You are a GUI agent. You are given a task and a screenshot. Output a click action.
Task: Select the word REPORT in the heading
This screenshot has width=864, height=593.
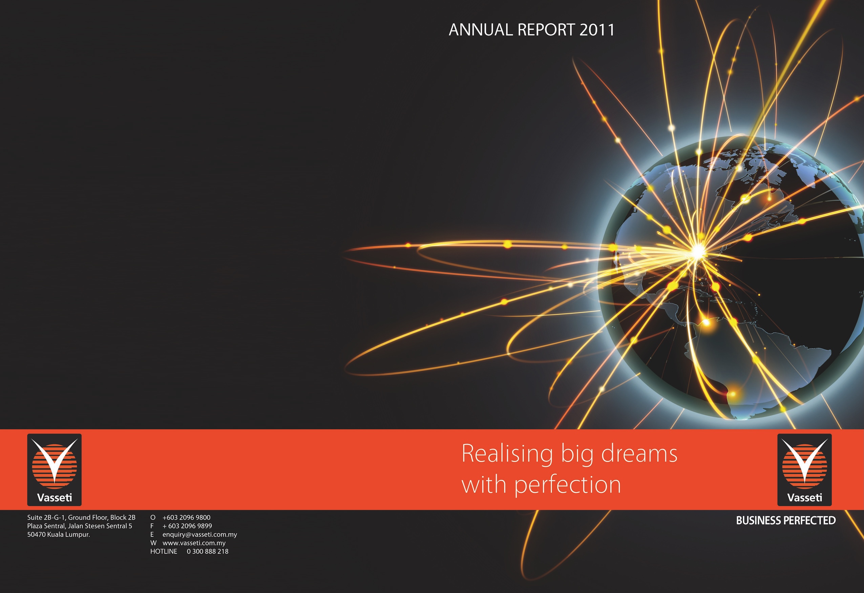pyautogui.click(x=546, y=30)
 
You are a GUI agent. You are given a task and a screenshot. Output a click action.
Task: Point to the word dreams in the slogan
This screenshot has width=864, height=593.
pyautogui.click(x=639, y=453)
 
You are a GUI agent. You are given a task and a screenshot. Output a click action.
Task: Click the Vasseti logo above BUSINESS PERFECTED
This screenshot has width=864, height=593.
pyautogui.click(x=804, y=470)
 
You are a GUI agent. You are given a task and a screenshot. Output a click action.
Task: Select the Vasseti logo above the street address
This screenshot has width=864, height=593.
pyautogui.click(x=54, y=470)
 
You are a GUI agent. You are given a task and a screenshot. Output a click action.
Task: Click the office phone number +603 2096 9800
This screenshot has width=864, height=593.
pyautogui.click(x=186, y=517)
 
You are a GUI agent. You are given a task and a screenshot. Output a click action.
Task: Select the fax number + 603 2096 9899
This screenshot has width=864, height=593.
pyautogui.click(x=187, y=526)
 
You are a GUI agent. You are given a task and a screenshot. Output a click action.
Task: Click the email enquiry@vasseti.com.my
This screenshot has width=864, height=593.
pyautogui.click(x=199, y=535)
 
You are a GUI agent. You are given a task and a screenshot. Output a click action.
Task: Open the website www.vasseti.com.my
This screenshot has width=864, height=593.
pyautogui.click(x=194, y=543)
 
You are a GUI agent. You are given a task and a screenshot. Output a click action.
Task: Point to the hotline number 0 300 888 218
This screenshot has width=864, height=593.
pyautogui.click(x=208, y=551)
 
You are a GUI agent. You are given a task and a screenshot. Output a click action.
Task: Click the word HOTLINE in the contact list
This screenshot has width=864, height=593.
pyautogui.click(x=164, y=551)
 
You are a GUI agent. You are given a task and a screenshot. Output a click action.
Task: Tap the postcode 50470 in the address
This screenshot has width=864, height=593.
pyautogui.click(x=37, y=535)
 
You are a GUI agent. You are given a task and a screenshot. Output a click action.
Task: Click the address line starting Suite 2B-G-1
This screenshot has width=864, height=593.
pyautogui.click(x=81, y=517)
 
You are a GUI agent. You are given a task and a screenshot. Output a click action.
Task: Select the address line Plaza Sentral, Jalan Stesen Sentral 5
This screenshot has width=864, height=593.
pyautogui.click(x=80, y=526)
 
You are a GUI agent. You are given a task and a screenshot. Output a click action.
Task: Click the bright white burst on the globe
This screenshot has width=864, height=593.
pyautogui.click(x=698, y=251)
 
